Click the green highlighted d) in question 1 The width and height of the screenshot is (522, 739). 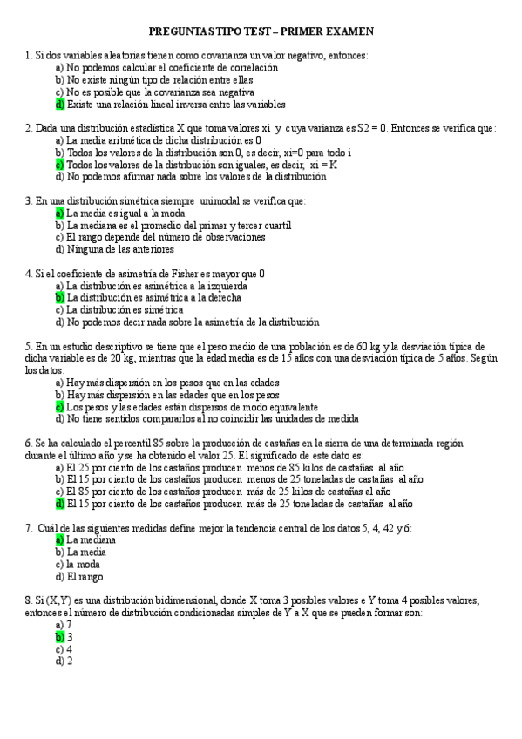60,105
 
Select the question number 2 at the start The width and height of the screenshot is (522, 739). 29,128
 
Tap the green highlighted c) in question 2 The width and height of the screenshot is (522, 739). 60,164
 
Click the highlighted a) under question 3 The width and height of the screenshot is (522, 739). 60,213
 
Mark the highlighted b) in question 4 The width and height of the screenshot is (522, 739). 60,297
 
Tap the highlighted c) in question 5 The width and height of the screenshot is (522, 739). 60,406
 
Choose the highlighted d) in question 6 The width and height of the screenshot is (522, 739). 60,503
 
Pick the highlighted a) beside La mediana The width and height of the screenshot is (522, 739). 60,539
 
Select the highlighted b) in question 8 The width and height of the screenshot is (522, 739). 60,637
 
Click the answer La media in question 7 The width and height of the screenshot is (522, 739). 85,552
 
